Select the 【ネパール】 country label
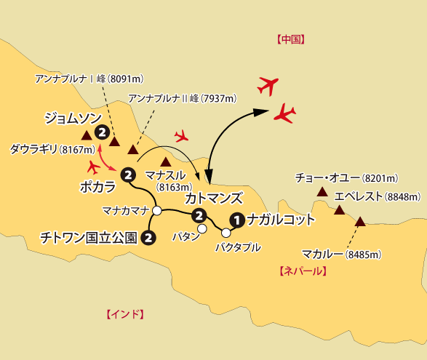click(x=303, y=271)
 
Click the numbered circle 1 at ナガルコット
click(x=236, y=219)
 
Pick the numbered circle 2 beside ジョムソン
click(x=103, y=132)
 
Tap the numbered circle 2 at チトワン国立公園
click(x=148, y=237)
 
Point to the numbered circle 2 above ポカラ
click(x=128, y=175)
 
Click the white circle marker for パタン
click(x=202, y=229)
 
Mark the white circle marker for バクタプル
click(x=226, y=233)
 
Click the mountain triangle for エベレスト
click(x=339, y=210)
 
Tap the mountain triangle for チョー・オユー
click(x=322, y=192)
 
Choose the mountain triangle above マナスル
click(x=166, y=161)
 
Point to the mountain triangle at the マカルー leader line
click(x=359, y=220)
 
